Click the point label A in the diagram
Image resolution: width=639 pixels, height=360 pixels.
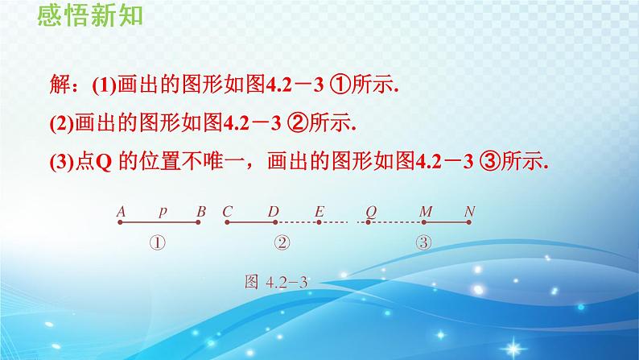(x=121, y=211)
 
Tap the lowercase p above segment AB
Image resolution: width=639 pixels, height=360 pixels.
(x=163, y=212)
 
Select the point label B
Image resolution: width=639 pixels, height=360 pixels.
(x=201, y=211)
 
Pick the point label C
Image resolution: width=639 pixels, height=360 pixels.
(x=228, y=211)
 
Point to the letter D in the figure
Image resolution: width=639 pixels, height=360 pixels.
(x=274, y=211)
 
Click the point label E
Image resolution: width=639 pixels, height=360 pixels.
(x=319, y=211)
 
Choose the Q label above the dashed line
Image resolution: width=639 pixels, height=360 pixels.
(x=371, y=211)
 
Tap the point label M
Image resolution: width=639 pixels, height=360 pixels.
(x=427, y=211)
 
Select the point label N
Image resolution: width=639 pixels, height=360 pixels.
(x=471, y=211)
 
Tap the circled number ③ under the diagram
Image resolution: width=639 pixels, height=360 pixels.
(x=422, y=241)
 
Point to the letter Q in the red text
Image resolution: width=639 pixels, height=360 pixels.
(x=105, y=161)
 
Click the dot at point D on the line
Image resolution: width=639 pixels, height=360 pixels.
(x=274, y=222)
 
